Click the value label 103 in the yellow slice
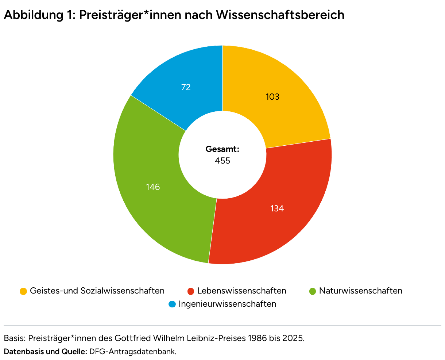point(272,97)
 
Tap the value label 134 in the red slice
point(277,208)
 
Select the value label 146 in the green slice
point(153,187)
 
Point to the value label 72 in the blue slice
point(186,87)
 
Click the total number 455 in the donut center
point(222,161)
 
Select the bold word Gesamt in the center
point(222,149)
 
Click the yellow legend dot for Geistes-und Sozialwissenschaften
point(23,291)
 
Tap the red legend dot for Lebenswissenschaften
point(190,291)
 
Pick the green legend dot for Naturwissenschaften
point(313,291)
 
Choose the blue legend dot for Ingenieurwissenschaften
point(172,304)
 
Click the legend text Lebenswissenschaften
point(241,291)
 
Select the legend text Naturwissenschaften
point(360,291)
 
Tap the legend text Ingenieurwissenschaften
point(227,304)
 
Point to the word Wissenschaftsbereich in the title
point(280,15)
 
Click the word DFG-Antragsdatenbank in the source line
point(133,352)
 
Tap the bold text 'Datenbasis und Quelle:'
point(45,352)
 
